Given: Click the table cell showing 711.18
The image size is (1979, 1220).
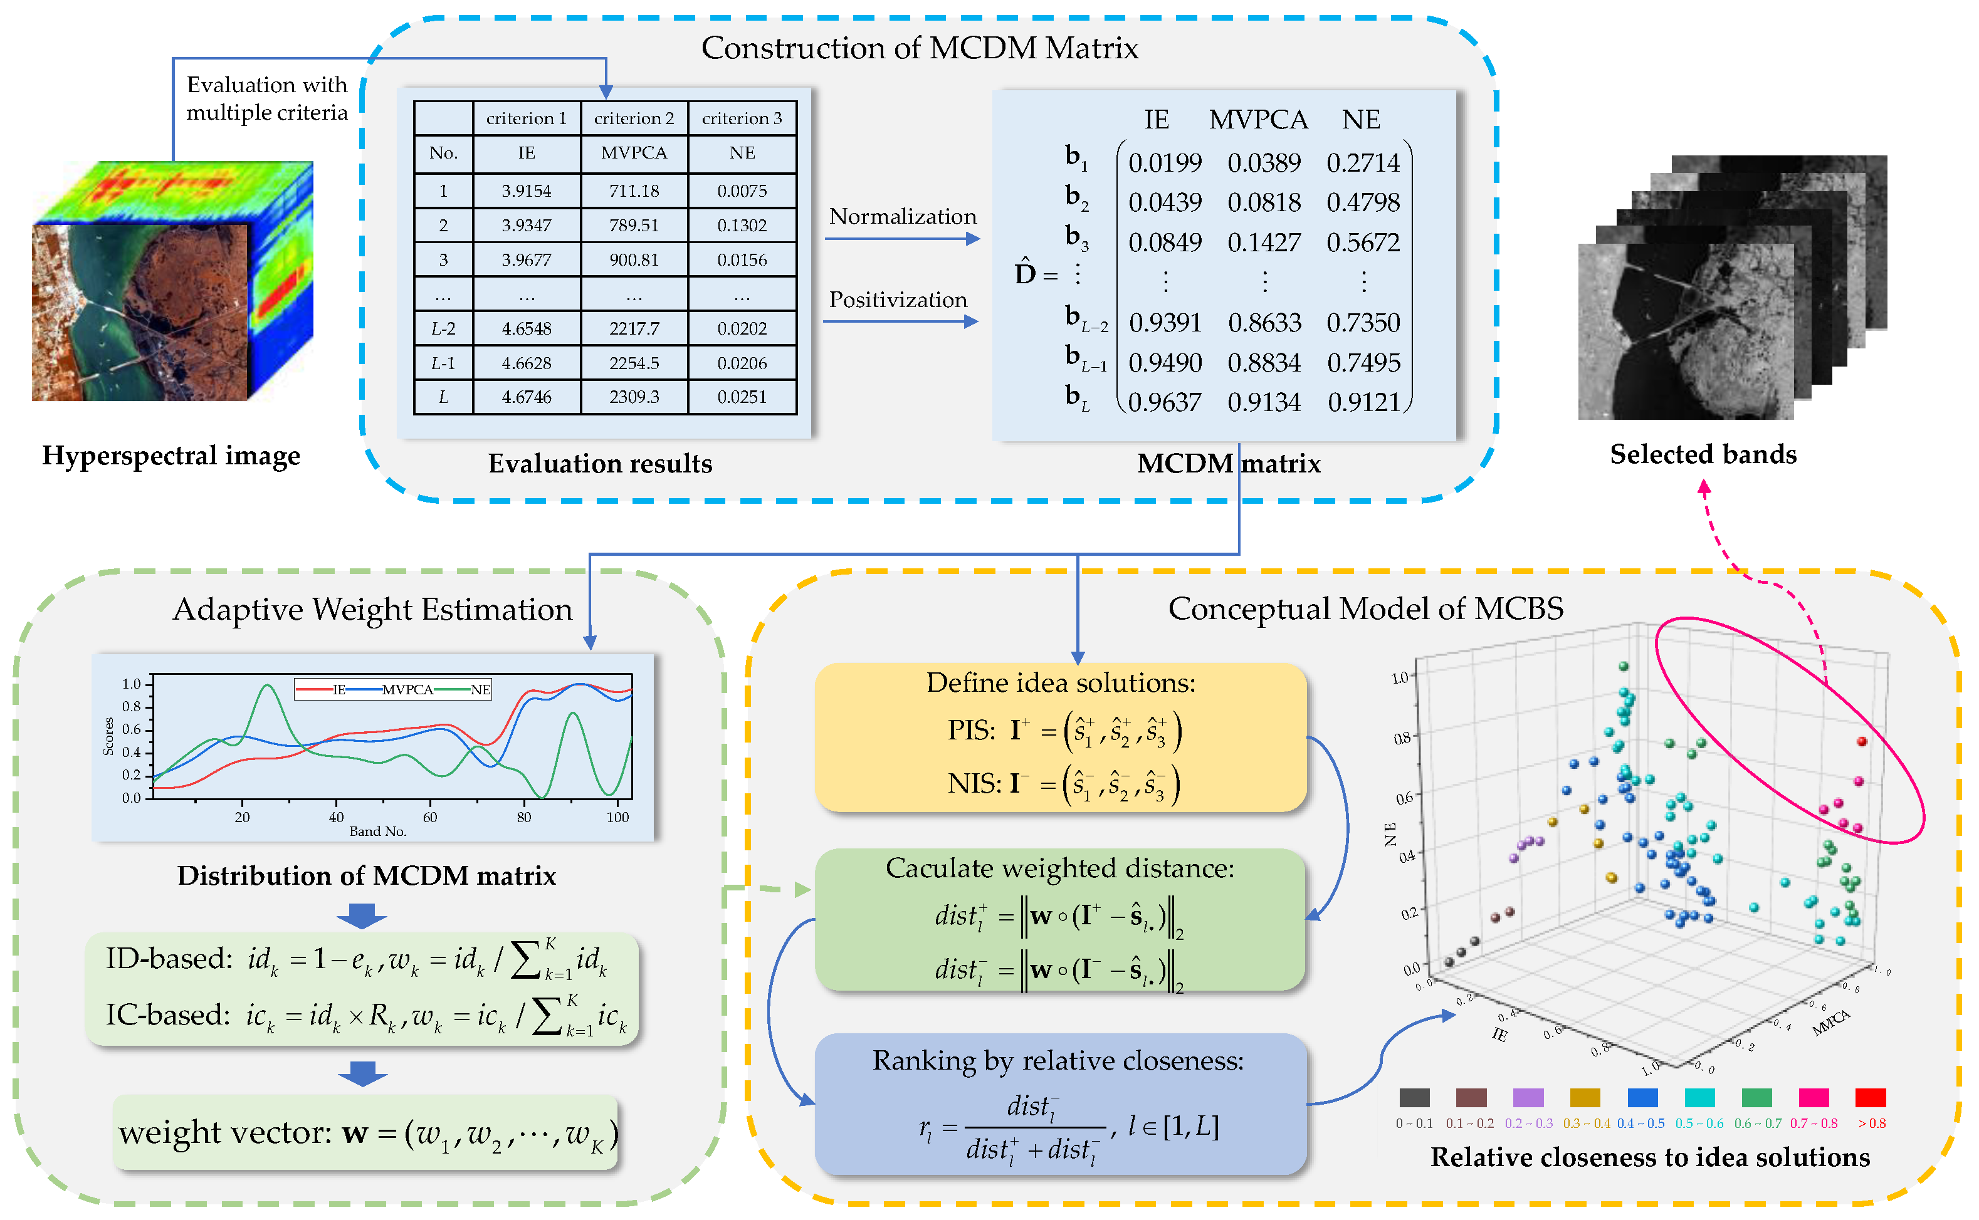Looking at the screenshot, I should tap(634, 191).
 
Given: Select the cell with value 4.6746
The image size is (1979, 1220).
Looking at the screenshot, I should tap(526, 397).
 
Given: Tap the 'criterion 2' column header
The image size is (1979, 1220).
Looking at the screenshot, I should tap(634, 118).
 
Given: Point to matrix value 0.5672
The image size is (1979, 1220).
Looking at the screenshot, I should tap(1363, 242).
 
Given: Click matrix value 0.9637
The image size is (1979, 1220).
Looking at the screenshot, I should tap(1164, 402).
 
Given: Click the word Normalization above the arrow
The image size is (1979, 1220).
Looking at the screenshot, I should tap(902, 216).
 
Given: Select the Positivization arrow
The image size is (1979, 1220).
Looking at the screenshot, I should tap(901, 322).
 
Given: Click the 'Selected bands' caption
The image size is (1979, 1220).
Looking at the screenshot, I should tap(1703, 454).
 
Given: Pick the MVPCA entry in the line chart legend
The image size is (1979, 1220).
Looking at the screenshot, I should tap(407, 689).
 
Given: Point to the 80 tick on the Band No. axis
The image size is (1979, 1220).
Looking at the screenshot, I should tap(524, 817).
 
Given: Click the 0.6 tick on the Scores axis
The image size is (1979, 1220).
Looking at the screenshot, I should tap(131, 729).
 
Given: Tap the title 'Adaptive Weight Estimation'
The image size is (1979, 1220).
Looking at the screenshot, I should tap(372, 609).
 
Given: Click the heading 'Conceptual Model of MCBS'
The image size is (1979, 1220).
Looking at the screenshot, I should tap(1365, 608).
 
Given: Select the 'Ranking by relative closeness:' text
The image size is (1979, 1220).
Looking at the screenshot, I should tap(1058, 1060).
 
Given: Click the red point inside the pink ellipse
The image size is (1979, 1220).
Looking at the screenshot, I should tap(1862, 741).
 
